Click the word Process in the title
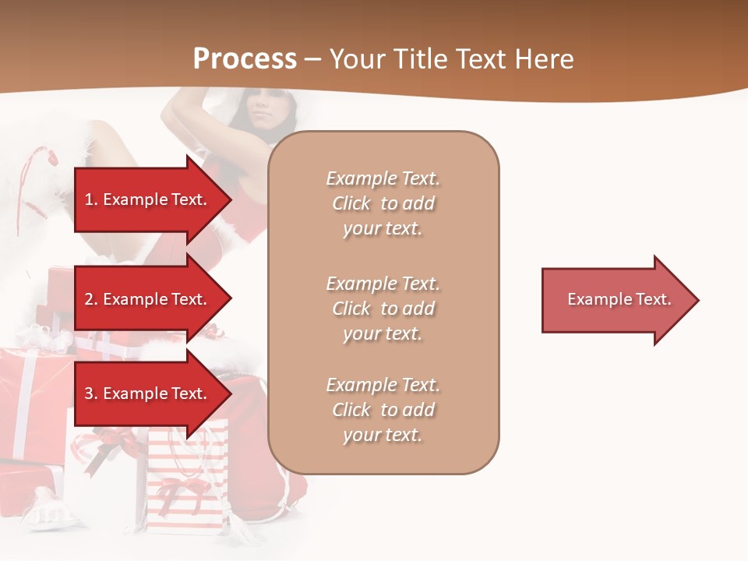pyautogui.click(x=245, y=59)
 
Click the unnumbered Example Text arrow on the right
pyautogui.click(x=619, y=300)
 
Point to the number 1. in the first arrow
pyautogui.click(x=91, y=199)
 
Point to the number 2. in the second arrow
pyautogui.click(x=91, y=299)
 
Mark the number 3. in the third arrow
pyautogui.click(x=91, y=393)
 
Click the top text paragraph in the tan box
pyautogui.click(x=383, y=203)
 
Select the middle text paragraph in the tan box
pyautogui.click(x=383, y=309)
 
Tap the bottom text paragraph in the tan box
pyautogui.click(x=383, y=410)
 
